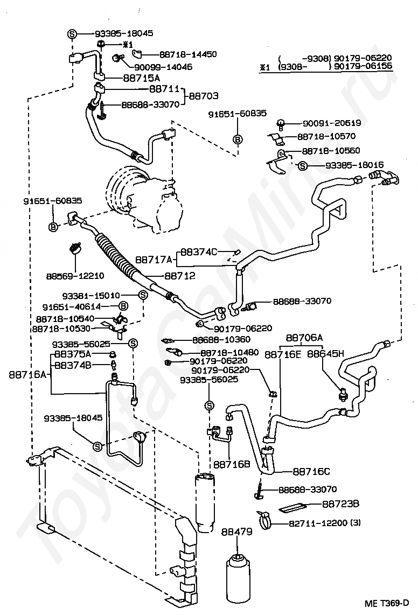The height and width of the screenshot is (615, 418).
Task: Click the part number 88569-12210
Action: [x=75, y=276]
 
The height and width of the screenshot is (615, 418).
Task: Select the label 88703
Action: [x=203, y=96]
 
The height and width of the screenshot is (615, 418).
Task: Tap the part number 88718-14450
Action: [x=188, y=54]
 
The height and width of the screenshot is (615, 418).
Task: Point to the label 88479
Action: [x=236, y=532]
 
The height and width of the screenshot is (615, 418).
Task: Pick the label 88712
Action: [x=180, y=276]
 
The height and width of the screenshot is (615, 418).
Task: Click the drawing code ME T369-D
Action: [x=387, y=603]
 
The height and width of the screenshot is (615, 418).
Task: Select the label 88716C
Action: [x=311, y=471]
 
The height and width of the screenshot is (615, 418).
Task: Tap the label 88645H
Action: [x=325, y=354]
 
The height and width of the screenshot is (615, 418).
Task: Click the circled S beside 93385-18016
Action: [x=302, y=166]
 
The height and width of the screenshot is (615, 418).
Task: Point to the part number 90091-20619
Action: [x=332, y=123]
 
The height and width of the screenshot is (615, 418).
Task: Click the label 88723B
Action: [x=340, y=504]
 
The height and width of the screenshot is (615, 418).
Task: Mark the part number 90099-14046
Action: [x=163, y=67]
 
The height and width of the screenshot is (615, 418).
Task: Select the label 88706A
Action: [x=304, y=338]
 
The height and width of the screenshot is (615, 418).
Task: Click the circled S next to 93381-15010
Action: [x=143, y=295]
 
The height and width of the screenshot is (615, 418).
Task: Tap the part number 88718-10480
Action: [x=229, y=353]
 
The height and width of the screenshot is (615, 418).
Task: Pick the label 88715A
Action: [x=141, y=78]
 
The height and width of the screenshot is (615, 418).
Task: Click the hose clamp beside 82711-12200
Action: [x=266, y=520]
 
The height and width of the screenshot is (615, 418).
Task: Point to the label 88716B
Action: [x=232, y=464]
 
